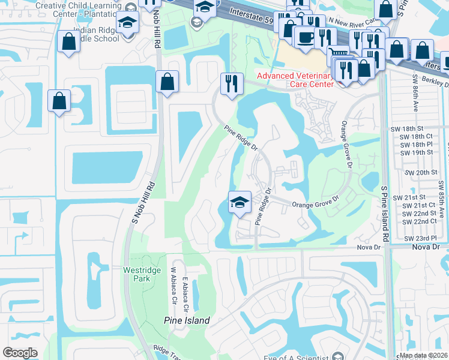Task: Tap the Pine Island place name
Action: (x=187, y=320)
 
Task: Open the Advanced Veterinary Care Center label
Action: (x=295, y=80)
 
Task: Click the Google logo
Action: (x=20, y=352)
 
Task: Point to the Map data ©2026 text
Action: (x=424, y=356)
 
